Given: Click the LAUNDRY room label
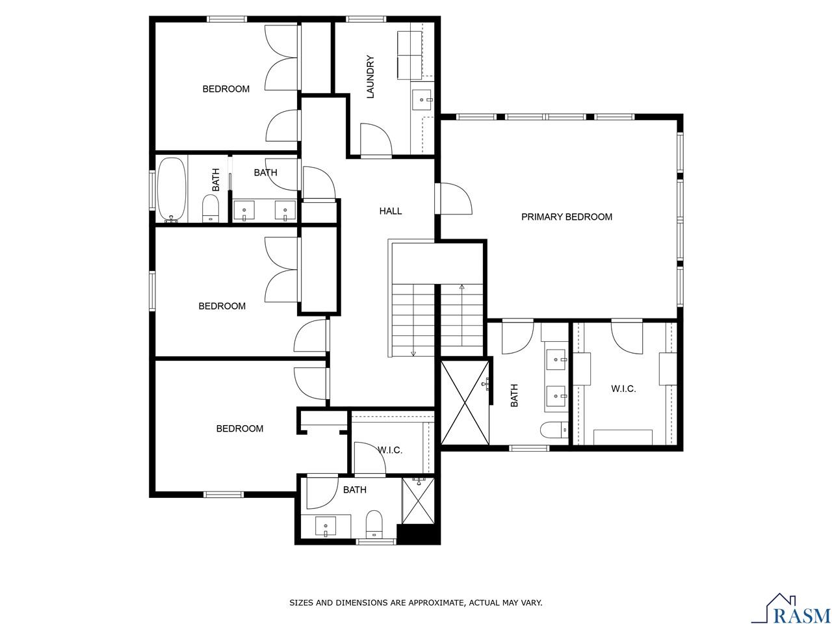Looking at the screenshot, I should coord(370,77).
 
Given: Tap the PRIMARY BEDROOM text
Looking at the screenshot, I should coord(566,217).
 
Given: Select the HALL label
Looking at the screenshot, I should coord(391,211).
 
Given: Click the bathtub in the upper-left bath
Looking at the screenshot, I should coord(172,189).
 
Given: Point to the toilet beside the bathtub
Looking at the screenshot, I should coord(211,209).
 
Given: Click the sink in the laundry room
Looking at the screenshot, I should coord(422,100).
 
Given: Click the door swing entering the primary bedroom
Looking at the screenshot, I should coord(455,198).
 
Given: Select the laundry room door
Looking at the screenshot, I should coord(376,140).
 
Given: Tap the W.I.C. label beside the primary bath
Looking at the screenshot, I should coord(623,389).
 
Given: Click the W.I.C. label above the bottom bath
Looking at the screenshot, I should coord(390,450).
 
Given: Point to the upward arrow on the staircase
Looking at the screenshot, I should coord(462,287).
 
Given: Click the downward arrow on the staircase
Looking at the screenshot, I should coord(413,352).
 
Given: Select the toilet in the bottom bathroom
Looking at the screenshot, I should coord(373,524).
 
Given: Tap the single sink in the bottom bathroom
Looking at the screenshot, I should coord(325,525).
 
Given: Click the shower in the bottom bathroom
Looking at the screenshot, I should coord(418,500).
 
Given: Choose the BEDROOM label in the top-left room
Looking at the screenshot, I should coord(226,89).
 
